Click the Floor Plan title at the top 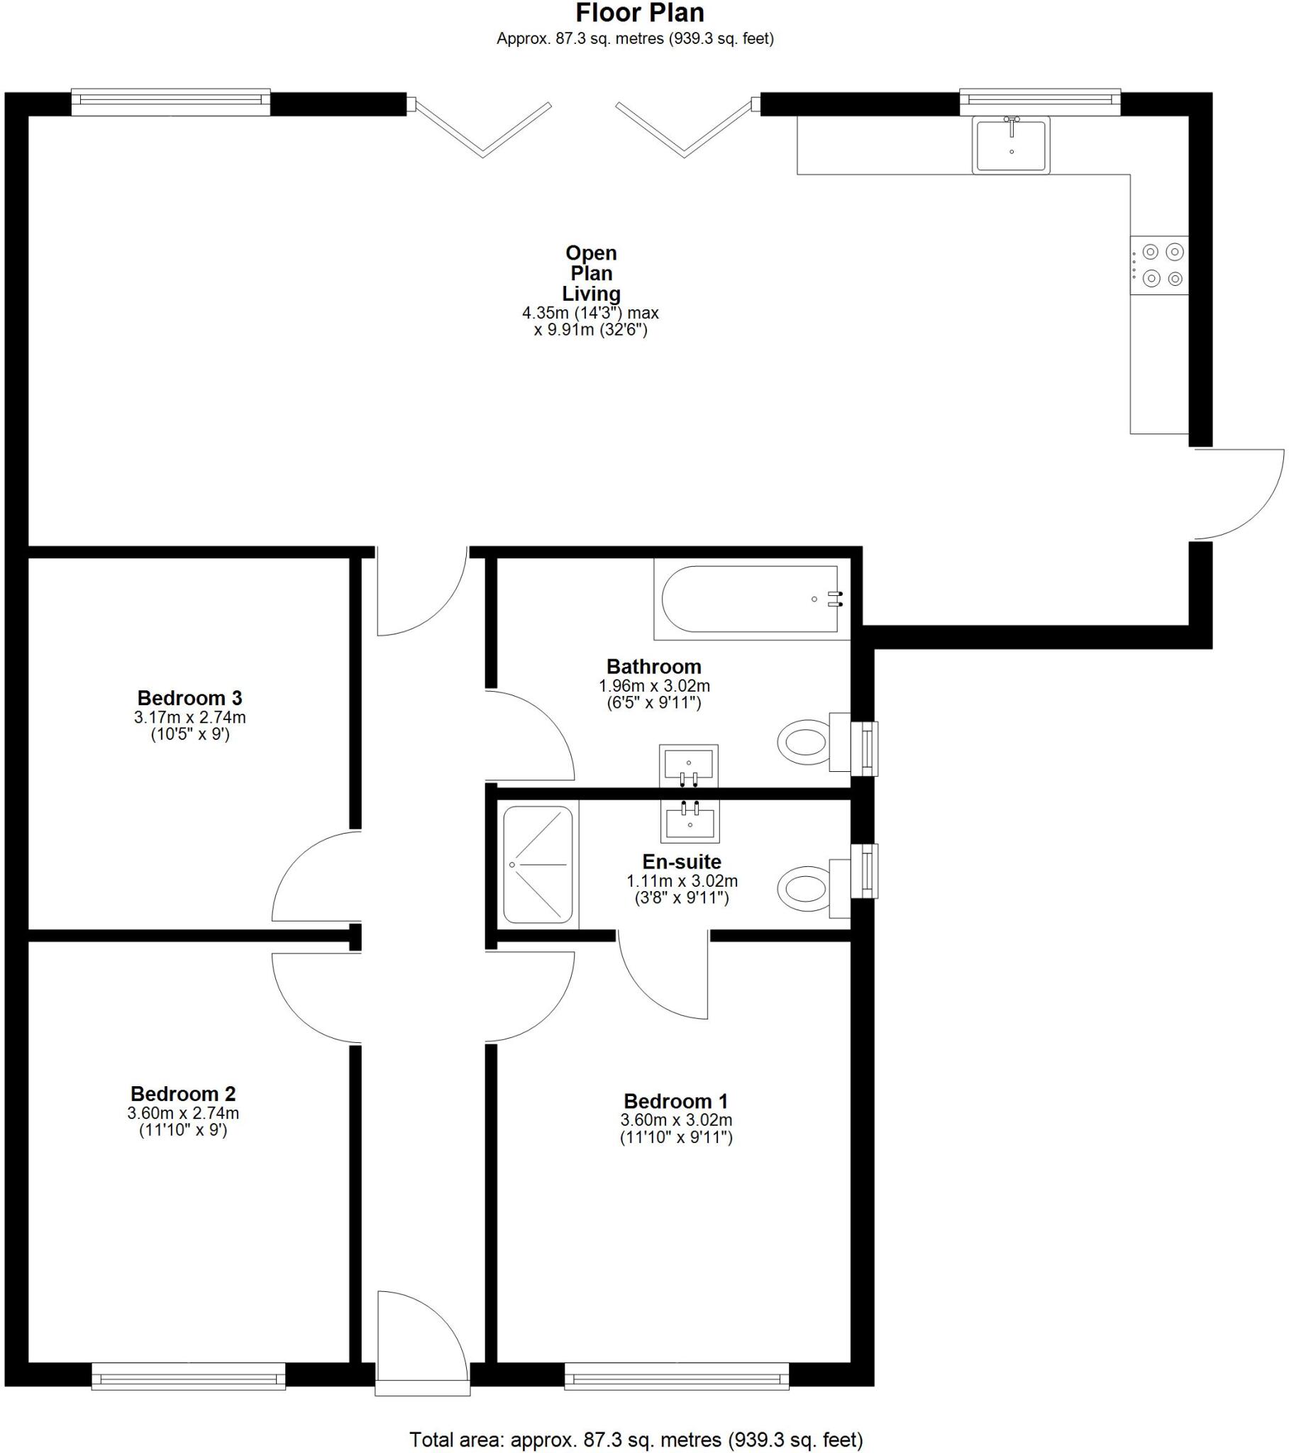(639, 13)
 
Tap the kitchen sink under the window (1010, 145)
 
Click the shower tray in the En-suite (538, 864)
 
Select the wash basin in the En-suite (690, 819)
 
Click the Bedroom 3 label (189, 698)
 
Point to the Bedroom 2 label (183, 1094)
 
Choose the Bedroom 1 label (675, 1102)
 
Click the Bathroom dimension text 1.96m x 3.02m (654, 687)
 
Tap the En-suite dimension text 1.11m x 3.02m (682, 881)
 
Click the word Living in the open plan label (591, 294)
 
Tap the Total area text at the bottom (636, 1440)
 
